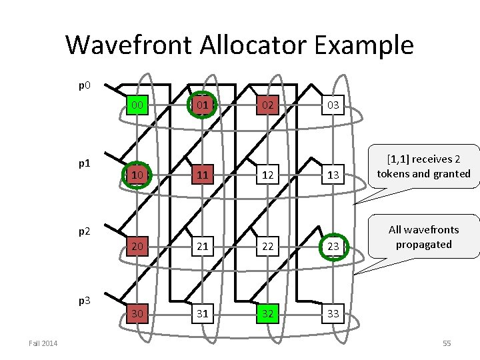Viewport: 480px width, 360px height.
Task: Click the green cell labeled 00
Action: tap(137, 105)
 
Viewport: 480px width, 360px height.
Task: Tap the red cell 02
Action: tap(267, 105)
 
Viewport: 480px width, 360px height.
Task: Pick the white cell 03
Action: tap(333, 105)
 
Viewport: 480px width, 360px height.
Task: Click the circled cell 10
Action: tap(137, 175)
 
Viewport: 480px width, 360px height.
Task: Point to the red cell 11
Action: tap(201, 175)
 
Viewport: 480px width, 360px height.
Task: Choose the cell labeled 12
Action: tap(267, 175)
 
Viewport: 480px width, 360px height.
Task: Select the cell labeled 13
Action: tap(333, 175)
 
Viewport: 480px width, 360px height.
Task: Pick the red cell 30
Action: tap(137, 314)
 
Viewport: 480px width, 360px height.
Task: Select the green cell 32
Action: tap(267, 314)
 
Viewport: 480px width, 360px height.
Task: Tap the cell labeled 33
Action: tap(333, 314)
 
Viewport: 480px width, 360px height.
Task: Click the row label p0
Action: tap(85, 85)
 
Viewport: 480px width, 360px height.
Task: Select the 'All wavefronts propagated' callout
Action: tap(423, 237)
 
